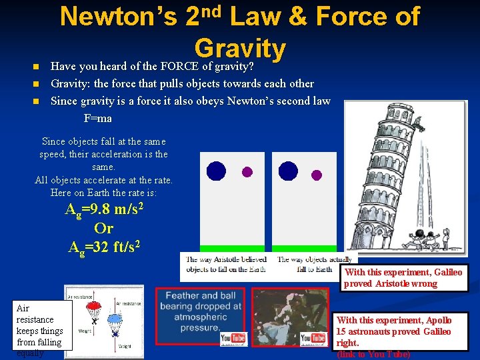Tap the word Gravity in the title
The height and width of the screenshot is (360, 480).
pyautogui.click(x=240, y=48)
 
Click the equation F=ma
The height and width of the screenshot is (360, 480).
pyautogui.click(x=97, y=118)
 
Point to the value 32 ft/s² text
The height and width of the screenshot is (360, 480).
pyautogui.click(x=118, y=247)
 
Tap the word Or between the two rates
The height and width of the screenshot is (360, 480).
pyautogui.click(x=103, y=228)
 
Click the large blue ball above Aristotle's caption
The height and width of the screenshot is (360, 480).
pyautogui.click(x=216, y=171)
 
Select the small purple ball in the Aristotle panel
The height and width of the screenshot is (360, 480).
pyautogui.click(x=247, y=172)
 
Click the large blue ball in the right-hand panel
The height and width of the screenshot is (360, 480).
pyautogui.click(x=288, y=171)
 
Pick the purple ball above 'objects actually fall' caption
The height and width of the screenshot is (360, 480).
pyautogui.click(x=317, y=175)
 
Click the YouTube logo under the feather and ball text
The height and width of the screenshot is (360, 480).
pyautogui.click(x=233, y=339)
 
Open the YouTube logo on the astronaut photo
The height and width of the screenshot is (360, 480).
pyautogui.click(x=314, y=339)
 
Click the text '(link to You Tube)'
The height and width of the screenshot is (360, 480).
pyautogui.click(x=373, y=354)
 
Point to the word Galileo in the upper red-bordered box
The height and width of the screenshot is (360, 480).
pyautogui.click(x=447, y=272)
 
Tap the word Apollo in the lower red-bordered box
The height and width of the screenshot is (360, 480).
pyautogui.click(x=436, y=321)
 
